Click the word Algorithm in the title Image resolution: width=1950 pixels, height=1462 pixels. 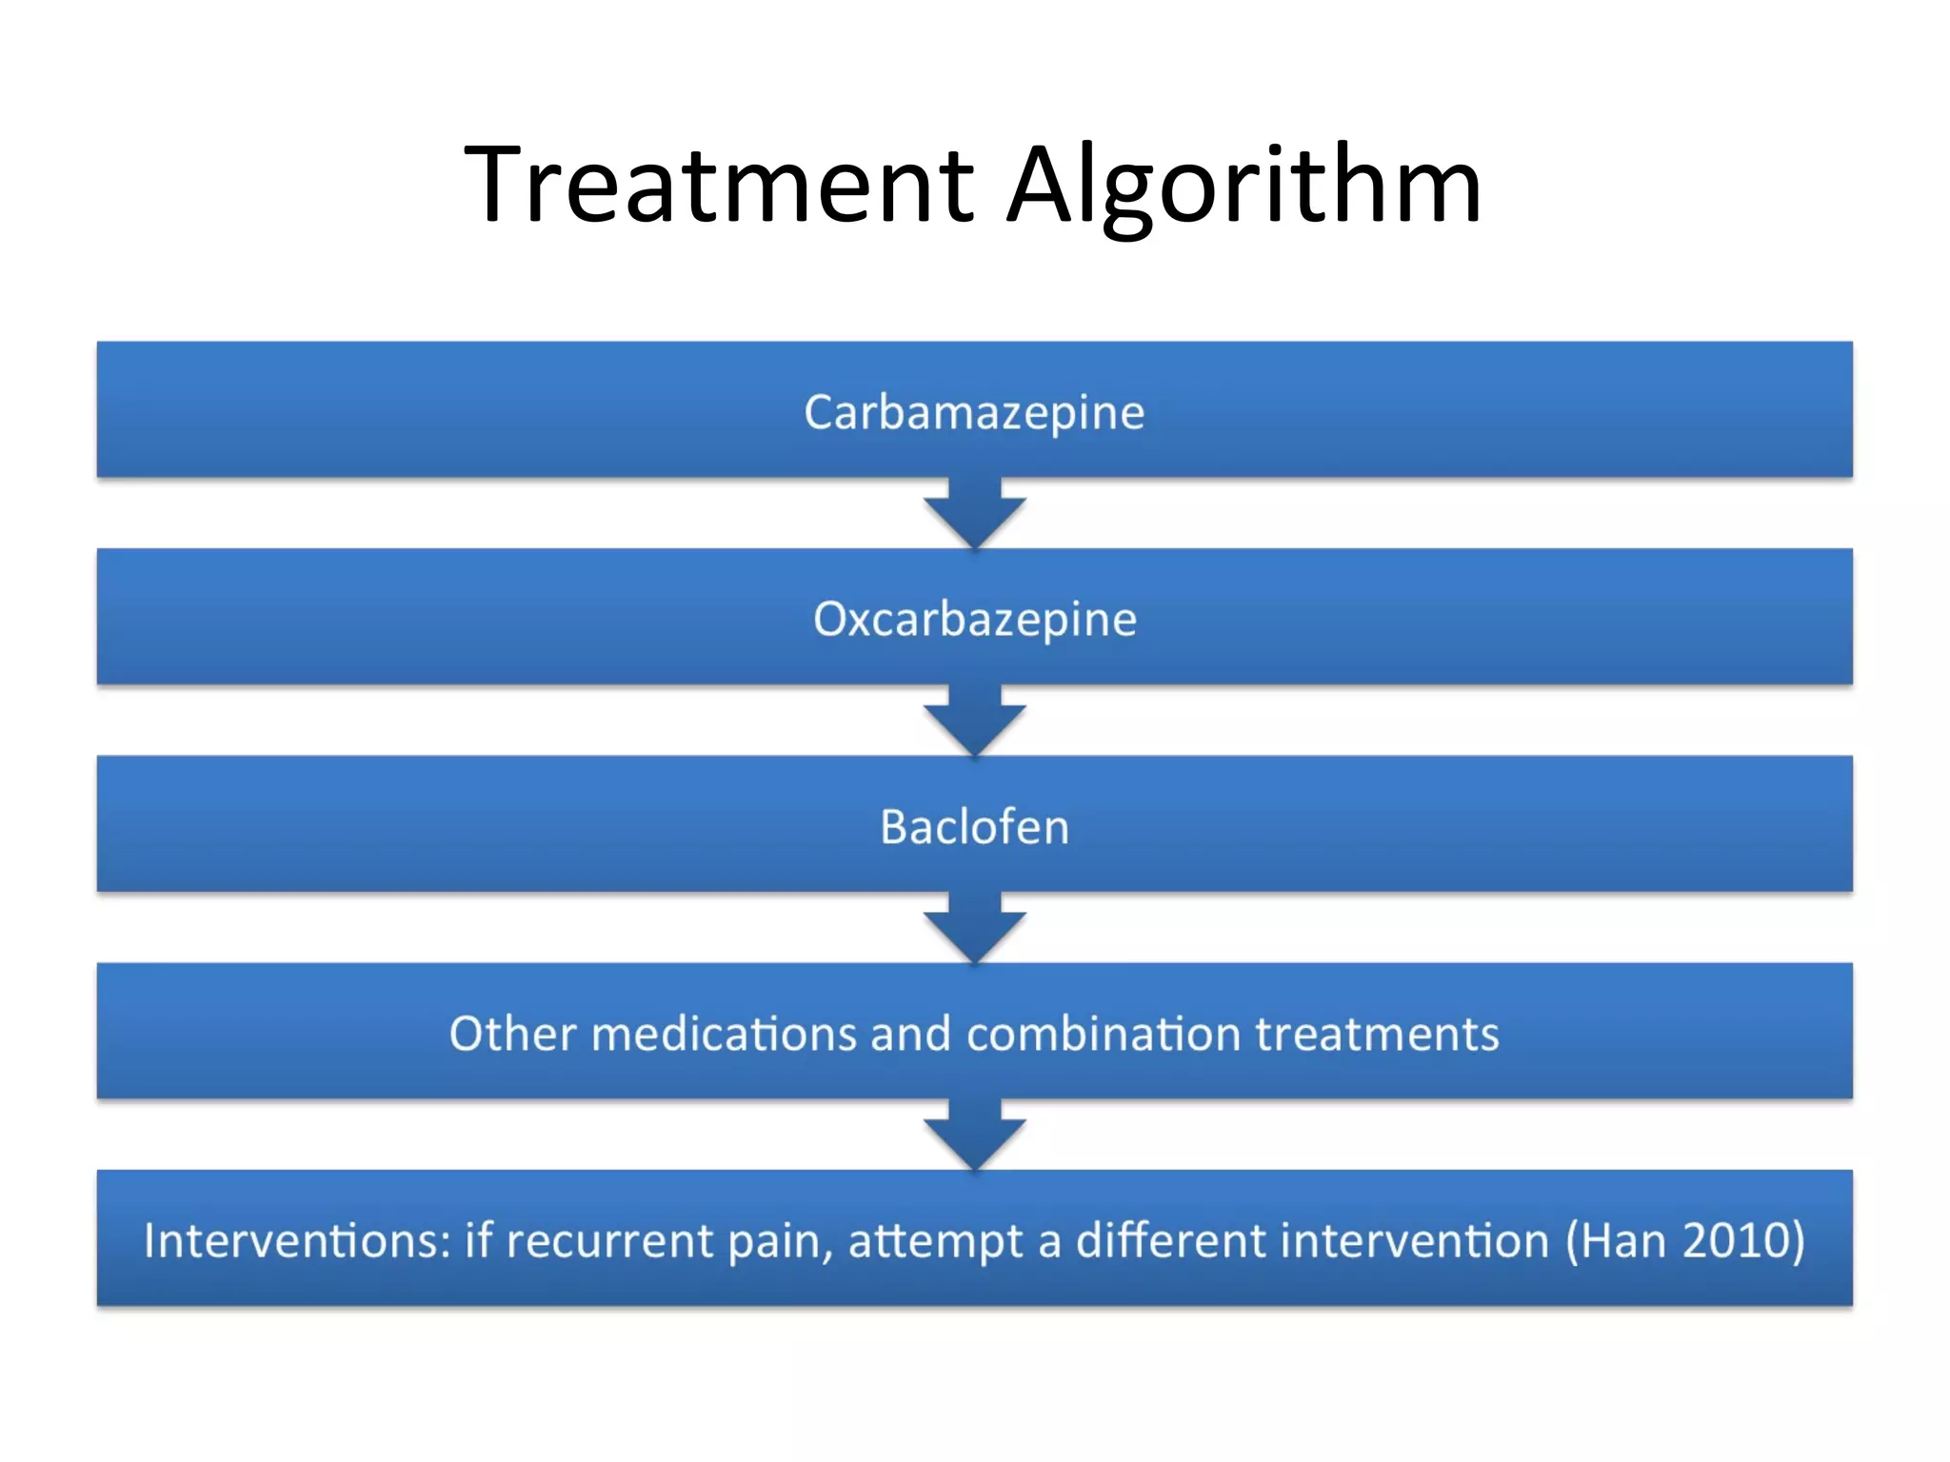[x=1244, y=186]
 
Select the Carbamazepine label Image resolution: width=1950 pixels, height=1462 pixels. [x=974, y=413]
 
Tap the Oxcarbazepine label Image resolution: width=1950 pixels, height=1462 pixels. [x=974, y=620]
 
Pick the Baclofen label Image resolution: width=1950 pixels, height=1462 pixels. [x=974, y=826]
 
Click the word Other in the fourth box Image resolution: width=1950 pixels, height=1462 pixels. [x=513, y=1034]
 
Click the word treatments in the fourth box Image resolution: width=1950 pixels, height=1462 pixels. [x=1377, y=1034]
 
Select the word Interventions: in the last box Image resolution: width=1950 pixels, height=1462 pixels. [x=297, y=1241]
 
